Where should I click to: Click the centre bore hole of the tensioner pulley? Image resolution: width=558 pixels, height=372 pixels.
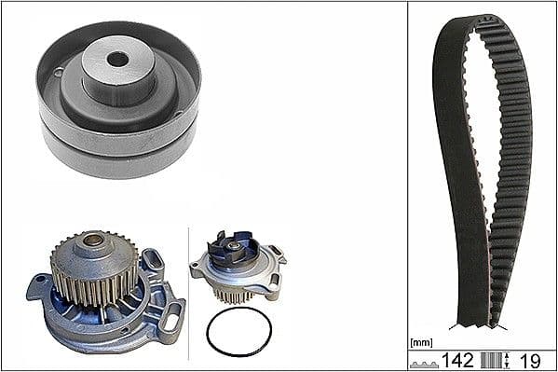pos(116,59)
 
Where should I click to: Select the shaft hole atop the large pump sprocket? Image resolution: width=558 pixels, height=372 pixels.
pos(94,241)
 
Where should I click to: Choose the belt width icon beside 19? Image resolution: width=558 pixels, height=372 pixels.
pos(499,361)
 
